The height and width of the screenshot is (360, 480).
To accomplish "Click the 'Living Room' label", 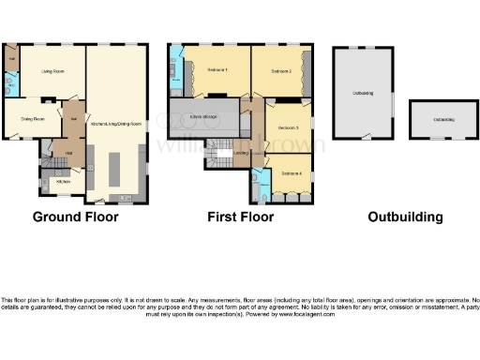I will [51, 71].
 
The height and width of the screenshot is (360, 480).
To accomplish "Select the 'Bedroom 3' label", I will [289, 127].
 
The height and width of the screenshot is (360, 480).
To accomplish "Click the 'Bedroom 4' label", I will [292, 173].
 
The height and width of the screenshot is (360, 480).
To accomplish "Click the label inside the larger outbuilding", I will [363, 93].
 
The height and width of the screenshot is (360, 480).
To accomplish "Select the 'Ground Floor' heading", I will [76, 217].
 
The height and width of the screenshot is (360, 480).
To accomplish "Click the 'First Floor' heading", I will [240, 217].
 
